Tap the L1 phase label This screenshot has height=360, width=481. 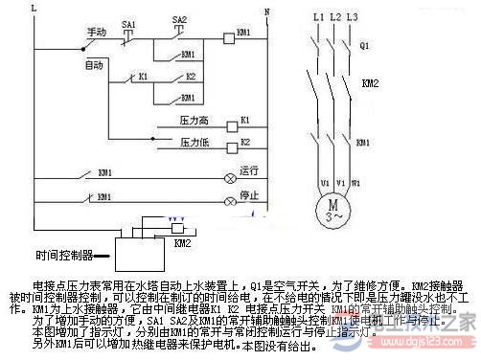[317, 18]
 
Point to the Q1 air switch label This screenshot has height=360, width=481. [363, 45]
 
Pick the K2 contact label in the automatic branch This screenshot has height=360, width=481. [190, 76]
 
